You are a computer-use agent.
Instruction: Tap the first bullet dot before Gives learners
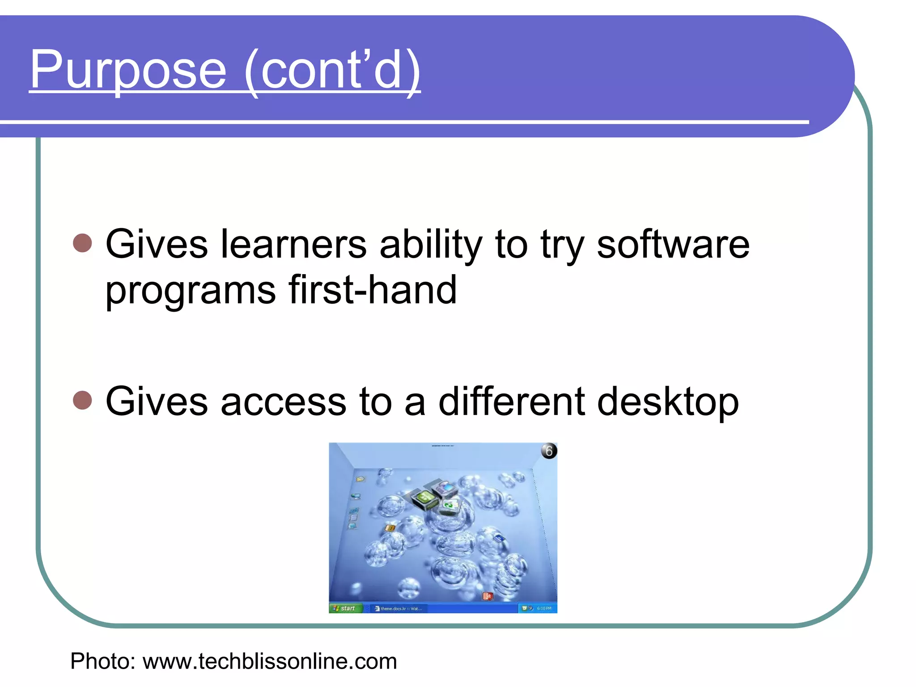point(82,243)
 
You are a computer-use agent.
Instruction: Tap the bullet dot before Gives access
point(82,400)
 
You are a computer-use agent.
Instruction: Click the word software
point(673,244)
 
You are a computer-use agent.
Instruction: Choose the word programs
point(191,292)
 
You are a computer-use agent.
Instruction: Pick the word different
point(512,401)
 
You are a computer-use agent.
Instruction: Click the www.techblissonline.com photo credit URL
point(270,661)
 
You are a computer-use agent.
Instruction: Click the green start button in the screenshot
point(344,608)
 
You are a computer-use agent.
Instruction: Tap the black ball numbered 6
point(549,451)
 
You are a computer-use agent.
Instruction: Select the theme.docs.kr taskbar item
point(399,608)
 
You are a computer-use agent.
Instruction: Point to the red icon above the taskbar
point(488,596)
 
